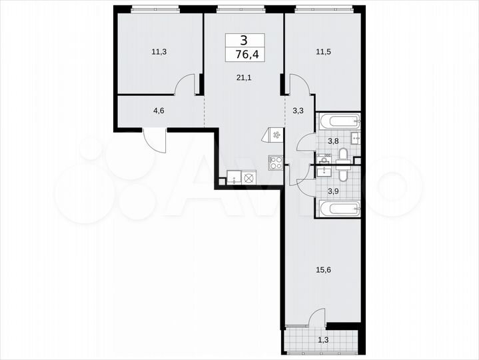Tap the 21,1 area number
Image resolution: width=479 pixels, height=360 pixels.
(244, 77)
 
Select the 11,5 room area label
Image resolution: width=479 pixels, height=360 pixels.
(322, 49)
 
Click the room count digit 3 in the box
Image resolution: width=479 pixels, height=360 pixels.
(244, 40)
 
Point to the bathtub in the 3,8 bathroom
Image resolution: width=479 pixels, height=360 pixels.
(339, 122)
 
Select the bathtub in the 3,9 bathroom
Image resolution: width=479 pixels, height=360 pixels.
(339, 209)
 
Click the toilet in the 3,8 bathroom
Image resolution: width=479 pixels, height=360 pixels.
(342, 155)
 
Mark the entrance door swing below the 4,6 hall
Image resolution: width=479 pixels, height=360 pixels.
(155, 140)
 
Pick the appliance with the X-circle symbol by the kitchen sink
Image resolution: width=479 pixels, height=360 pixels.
(249, 178)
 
